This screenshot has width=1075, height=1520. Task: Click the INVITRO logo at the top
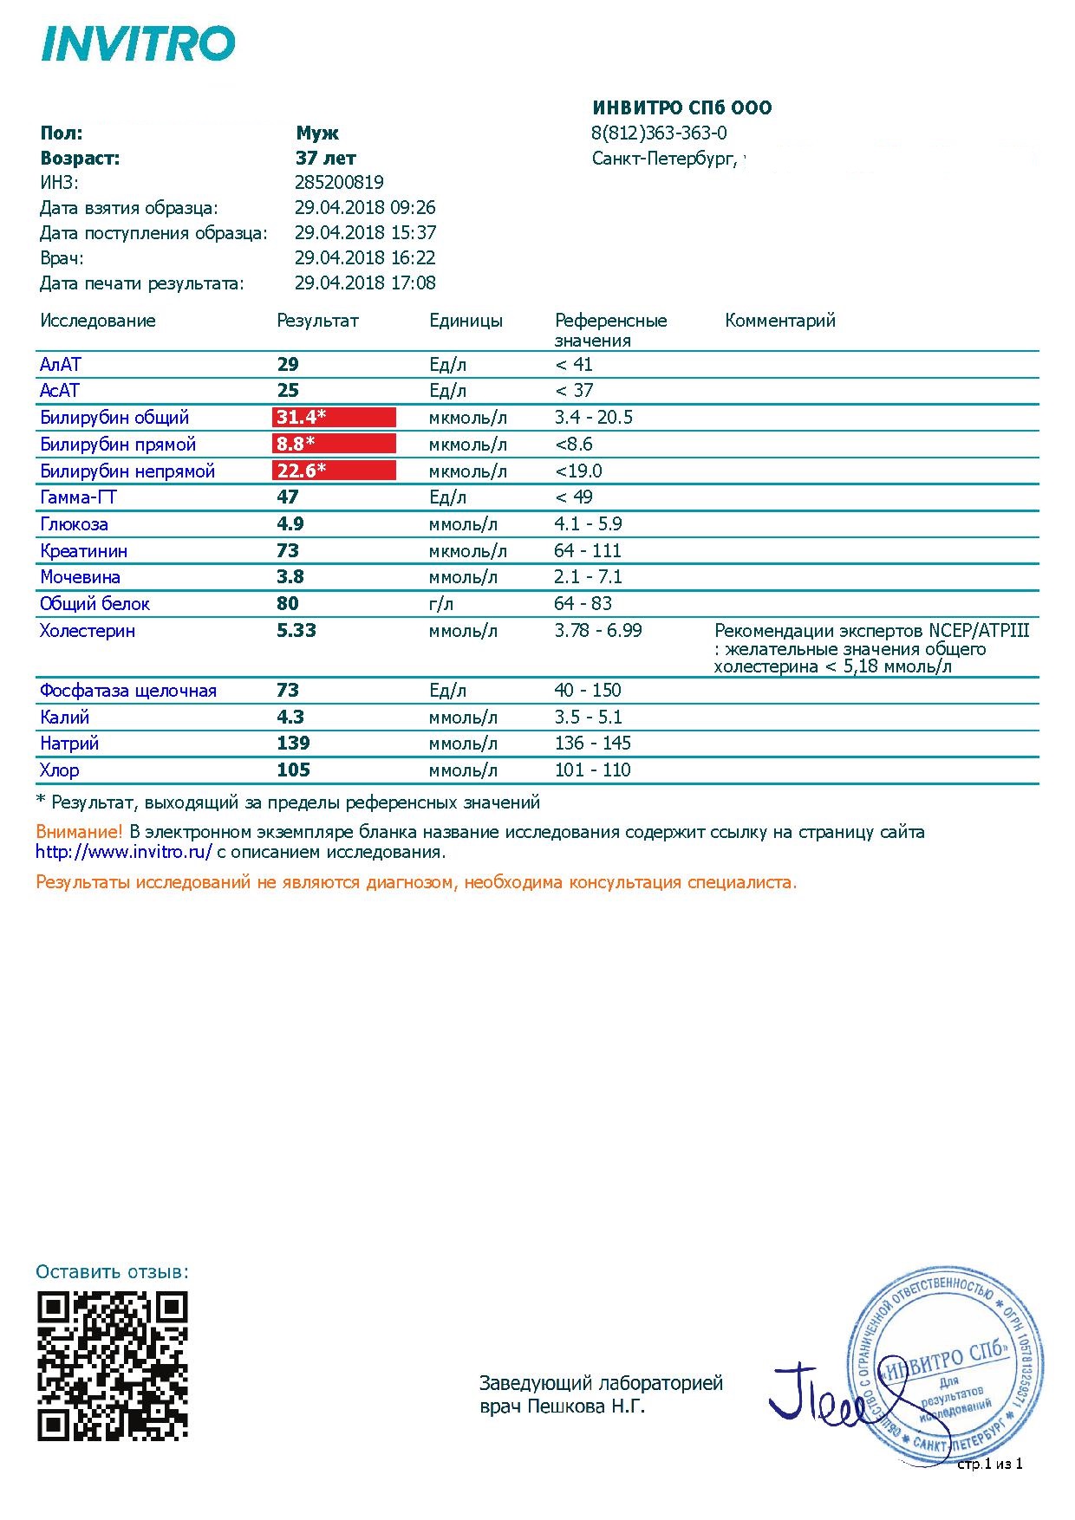point(138,44)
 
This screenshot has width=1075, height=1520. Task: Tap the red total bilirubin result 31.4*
point(334,418)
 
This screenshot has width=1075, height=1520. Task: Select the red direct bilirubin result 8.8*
point(334,445)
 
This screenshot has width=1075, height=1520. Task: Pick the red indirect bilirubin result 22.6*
point(334,471)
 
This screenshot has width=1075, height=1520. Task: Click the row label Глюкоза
point(74,524)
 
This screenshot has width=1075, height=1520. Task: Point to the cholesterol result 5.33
point(296,631)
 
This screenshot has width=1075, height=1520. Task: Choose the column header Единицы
point(466,321)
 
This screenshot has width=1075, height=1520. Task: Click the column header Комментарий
point(779,321)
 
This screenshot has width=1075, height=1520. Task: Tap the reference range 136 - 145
point(592,744)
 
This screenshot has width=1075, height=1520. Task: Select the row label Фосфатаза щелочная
point(127,691)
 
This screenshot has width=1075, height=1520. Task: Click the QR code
point(113,1367)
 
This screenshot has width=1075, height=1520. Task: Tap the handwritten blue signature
point(824,1395)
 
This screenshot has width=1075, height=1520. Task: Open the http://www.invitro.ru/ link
point(123,852)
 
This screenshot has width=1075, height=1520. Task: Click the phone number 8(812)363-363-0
point(659,133)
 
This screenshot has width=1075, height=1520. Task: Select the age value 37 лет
point(325,159)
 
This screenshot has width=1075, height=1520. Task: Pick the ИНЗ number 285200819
point(339,183)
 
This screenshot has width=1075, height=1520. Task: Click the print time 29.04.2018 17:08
point(365,283)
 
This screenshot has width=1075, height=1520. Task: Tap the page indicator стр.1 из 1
point(989,1464)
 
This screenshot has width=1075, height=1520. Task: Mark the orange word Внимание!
point(79,832)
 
